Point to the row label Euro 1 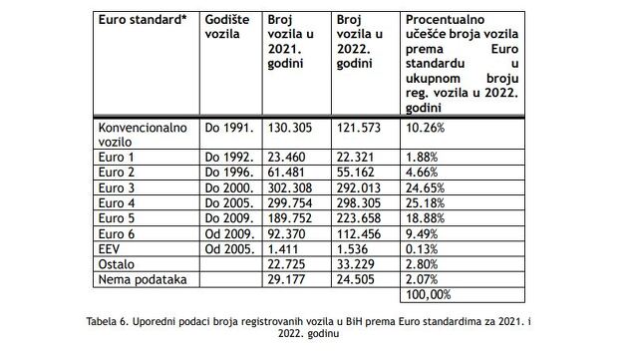point(116,157)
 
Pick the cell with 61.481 point(290,171)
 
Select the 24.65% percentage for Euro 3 point(426,185)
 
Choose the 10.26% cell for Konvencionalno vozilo point(426,129)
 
